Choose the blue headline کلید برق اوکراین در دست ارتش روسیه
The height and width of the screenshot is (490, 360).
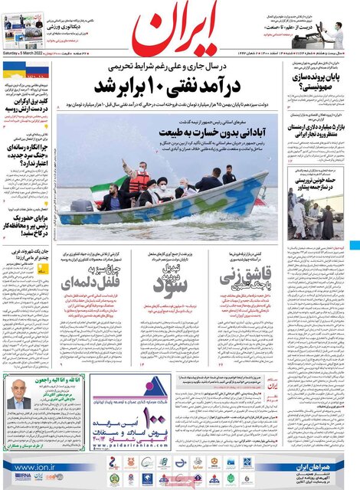31,106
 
